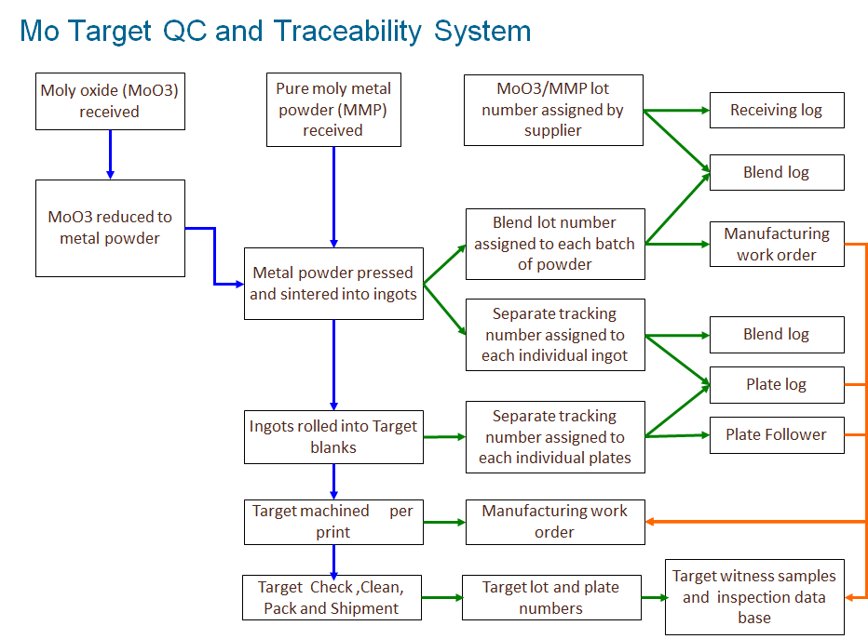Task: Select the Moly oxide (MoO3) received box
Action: pos(110,100)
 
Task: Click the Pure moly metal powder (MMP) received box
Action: pos(333,110)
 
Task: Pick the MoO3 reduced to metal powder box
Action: pos(110,228)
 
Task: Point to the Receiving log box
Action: pos(777,110)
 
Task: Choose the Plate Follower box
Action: pos(777,434)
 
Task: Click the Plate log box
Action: pos(777,384)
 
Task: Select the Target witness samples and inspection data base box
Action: pos(754,596)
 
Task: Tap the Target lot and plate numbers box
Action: pos(550,597)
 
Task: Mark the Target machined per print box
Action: pos(333,522)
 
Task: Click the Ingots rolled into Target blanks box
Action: pos(333,437)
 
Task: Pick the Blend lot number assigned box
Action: pos(555,244)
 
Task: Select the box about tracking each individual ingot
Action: pos(555,335)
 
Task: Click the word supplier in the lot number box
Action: pos(553,131)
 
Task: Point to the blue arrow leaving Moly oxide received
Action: pos(110,154)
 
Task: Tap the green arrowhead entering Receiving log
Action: pos(705,110)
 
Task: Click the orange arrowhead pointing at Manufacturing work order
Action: pos(651,522)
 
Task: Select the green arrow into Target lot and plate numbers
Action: pos(443,597)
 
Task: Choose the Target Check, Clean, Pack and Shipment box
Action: pos(333,597)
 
